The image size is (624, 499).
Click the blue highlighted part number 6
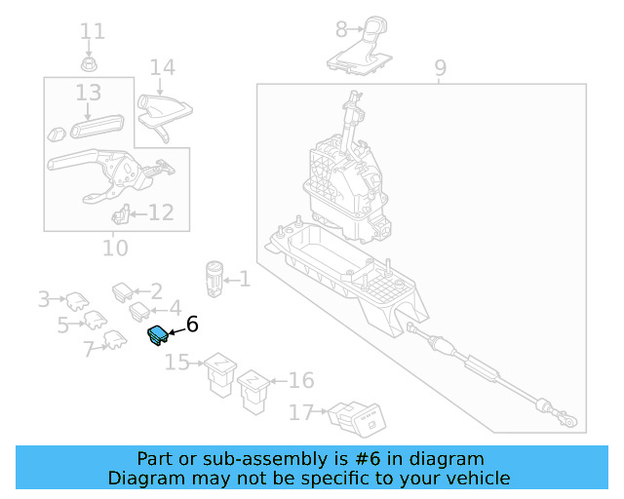(158, 335)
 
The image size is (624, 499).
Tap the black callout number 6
(192, 324)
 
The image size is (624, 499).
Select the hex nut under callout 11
(89, 64)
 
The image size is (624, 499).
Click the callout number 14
(163, 67)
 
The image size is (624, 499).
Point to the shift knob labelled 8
(360, 46)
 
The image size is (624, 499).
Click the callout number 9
(440, 68)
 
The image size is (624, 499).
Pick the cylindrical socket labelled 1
(214, 280)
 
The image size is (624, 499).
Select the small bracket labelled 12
(121, 213)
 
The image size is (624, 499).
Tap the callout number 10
(115, 248)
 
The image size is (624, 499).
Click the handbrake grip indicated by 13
(97, 126)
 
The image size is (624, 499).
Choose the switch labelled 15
(220, 374)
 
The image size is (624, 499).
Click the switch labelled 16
(253, 392)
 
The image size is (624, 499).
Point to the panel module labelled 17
(357, 419)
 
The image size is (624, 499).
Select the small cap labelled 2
(123, 292)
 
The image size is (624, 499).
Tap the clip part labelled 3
(78, 301)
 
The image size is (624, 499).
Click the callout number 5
(62, 326)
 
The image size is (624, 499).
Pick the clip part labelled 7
(115, 340)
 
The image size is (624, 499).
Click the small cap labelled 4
(139, 312)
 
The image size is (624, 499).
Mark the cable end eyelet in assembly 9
(570, 421)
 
